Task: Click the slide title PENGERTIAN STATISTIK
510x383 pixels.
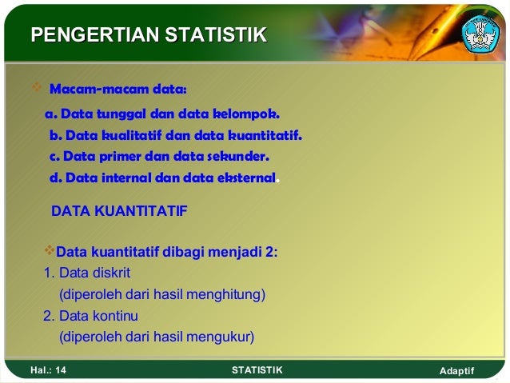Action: click(148, 34)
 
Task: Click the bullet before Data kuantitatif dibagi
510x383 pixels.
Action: click(50, 253)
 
